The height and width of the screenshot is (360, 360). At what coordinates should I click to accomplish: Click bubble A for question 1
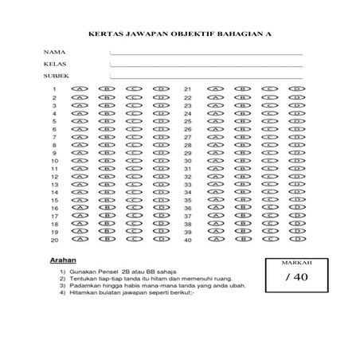click(x=80, y=89)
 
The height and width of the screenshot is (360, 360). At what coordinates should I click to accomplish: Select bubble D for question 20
click(x=162, y=239)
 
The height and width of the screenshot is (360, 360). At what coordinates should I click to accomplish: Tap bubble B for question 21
click(x=241, y=89)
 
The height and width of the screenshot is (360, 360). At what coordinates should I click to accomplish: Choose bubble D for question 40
click(x=295, y=239)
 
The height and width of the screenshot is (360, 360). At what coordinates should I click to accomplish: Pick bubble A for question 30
click(x=213, y=160)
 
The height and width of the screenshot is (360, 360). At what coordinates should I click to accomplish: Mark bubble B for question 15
click(x=107, y=199)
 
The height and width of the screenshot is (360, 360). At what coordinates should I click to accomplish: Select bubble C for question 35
click(x=268, y=199)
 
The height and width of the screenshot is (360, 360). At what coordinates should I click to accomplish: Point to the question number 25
click(x=188, y=121)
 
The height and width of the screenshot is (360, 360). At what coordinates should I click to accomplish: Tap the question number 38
click(x=188, y=224)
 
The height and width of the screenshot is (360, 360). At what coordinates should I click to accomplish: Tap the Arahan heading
click(x=62, y=260)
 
